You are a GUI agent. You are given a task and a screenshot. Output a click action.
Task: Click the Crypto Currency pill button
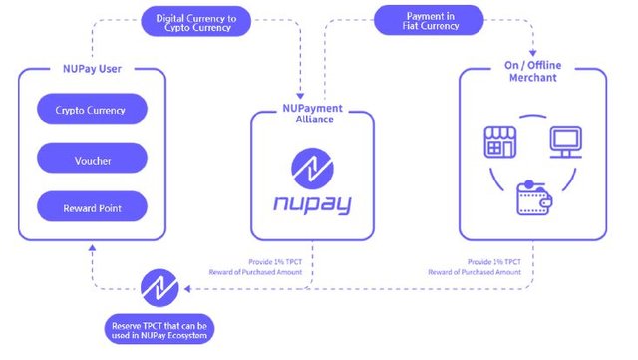point(92,109)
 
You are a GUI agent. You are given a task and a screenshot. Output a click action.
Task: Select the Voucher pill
point(92,158)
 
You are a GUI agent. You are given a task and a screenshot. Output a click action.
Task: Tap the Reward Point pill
point(92,206)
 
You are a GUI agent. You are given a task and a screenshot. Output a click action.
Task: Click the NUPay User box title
point(92,69)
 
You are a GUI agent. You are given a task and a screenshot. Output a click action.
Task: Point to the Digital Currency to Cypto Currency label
point(196,21)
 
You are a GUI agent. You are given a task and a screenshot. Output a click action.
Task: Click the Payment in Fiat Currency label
point(429,20)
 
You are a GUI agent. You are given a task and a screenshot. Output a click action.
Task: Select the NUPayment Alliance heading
point(312,114)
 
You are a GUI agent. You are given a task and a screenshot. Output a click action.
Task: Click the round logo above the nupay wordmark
point(312,169)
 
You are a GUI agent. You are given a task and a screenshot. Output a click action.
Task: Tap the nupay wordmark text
point(312,203)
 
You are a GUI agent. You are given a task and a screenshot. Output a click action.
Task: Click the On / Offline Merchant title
point(533,71)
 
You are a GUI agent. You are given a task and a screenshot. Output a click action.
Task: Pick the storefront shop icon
point(500,142)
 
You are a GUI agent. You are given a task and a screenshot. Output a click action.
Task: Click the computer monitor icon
point(566,142)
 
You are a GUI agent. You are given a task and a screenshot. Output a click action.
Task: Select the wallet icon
point(534,197)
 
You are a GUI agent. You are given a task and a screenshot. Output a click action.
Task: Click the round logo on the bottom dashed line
point(159,288)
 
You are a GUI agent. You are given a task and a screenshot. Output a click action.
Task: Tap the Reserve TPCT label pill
point(159,329)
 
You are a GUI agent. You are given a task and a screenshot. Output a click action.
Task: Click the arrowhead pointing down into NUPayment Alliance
point(300,96)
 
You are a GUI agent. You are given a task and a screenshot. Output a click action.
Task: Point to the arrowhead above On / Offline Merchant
point(533,53)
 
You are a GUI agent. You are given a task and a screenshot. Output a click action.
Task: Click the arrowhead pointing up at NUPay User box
point(93,247)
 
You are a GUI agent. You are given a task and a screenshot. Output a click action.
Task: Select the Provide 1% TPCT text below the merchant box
point(494,262)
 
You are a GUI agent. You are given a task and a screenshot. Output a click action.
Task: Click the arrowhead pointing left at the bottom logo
point(187,289)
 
